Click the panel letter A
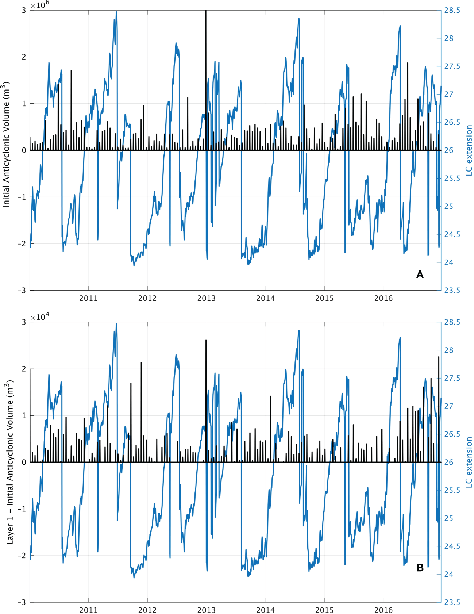(x=420, y=275)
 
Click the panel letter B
(x=420, y=568)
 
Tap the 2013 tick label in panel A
(x=207, y=298)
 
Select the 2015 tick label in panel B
(x=324, y=610)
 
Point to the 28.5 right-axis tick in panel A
(x=452, y=10)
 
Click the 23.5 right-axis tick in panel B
(x=452, y=602)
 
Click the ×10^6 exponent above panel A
(x=40, y=5)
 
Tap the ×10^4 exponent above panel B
(x=40, y=316)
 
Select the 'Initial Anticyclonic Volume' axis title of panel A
(x=6, y=145)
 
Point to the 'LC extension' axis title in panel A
(x=469, y=150)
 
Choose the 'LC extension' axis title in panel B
(x=469, y=462)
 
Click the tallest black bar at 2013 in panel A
(x=206, y=73)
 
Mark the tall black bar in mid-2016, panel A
(x=408, y=106)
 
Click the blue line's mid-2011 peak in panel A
(x=116, y=12)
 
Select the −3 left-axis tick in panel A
(x=22, y=290)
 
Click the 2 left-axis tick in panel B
(x=24, y=369)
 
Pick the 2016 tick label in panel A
(x=384, y=298)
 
